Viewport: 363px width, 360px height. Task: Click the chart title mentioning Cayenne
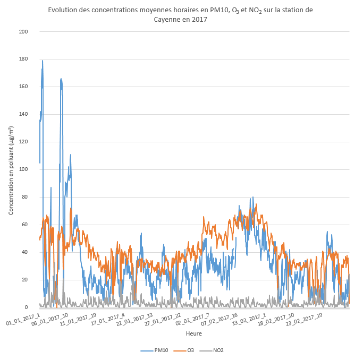tap(181, 14)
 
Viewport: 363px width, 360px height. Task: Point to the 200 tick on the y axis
tap(23, 31)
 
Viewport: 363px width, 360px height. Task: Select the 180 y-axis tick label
tap(23, 59)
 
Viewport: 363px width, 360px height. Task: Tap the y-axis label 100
tap(23, 169)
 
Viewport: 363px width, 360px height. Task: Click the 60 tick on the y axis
tap(25, 225)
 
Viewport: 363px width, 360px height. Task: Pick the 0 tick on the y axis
tap(27, 307)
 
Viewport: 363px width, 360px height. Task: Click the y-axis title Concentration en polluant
tap(11, 169)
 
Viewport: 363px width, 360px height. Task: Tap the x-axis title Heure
tap(193, 333)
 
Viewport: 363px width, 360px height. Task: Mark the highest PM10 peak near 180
tap(43, 61)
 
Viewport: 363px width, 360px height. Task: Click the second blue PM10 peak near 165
tap(61, 79)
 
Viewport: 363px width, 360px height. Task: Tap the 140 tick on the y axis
tap(23, 114)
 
